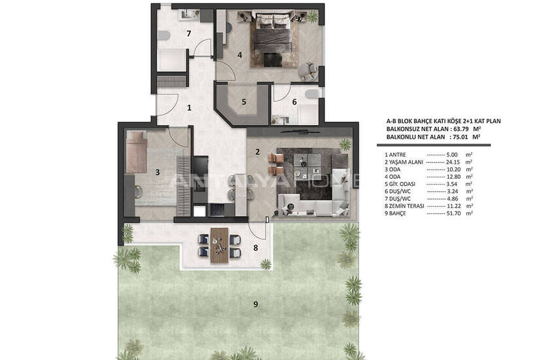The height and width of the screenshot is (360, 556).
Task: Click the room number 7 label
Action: pyautogui.click(x=188, y=33)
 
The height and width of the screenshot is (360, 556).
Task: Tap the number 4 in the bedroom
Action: pyautogui.click(x=239, y=55)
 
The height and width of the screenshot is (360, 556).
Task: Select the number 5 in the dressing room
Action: pyautogui.click(x=243, y=102)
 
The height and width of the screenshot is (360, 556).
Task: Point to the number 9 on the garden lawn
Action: pyautogui.click(x=255, y=304)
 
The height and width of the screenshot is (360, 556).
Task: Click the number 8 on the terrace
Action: pyautogui.click(x=255, y=248)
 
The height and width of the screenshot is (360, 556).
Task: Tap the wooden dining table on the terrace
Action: pyautogui.click(x=220, y=245)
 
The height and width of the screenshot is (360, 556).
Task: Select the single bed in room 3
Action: pyautogui.click(x=136, y=152)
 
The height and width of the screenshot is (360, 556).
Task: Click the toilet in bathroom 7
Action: pyautogui.click(x=164, y=35)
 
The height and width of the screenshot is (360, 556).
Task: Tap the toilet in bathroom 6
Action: pyautogui.click(x=312, y=94)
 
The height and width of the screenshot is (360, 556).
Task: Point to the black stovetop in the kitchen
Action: pyautogui.click(x=217, y=209)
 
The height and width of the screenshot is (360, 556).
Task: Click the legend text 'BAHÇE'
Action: pyautogui.click(x=398, y=213)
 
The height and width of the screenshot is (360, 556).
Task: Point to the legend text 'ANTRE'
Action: pyautogui.click(x=398, y=154)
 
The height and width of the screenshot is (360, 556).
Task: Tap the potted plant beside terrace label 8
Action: pyautogui.click(x=266, y=264)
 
